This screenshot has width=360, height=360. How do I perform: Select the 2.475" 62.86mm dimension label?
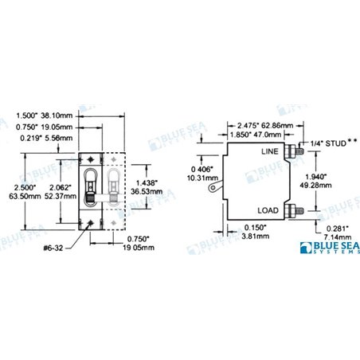[259, 124]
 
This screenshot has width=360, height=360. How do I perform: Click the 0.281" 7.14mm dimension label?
[338, 234]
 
